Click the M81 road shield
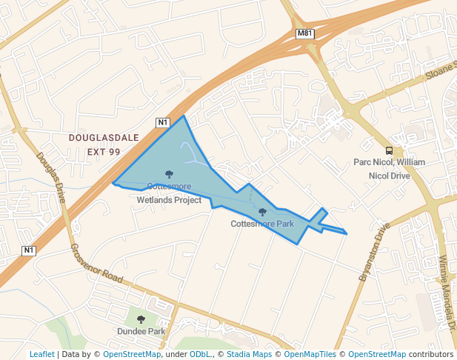[304, 34]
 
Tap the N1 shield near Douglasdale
[163, 121]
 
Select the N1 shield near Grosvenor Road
[29, 250]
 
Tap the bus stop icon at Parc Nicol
[389, 150]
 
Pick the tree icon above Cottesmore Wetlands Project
[169, 175]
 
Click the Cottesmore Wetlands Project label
[169, 193]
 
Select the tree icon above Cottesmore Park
[262, 212]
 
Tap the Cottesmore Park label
[262, 223]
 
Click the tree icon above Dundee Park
[141, 320]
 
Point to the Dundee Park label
[141, 331]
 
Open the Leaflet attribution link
[41, 354]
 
